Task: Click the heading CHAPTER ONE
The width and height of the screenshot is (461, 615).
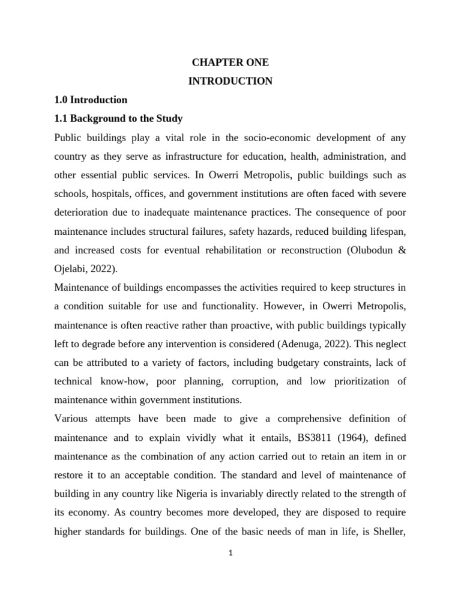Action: pyautogui.click(x=230, y=62)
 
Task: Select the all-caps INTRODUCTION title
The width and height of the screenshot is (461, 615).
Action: pyautogui.click(x=230, y=81)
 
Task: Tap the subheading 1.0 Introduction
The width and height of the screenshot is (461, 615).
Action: pyautogui.click(x=91, y=100)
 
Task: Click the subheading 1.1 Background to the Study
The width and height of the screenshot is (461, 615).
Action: pyautogui.click(x=118, y=118)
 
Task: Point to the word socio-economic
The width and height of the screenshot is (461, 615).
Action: pyautogui.click(x=275, y=137)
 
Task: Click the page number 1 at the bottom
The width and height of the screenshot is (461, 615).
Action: pyautogui.click(x=230, y=553)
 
